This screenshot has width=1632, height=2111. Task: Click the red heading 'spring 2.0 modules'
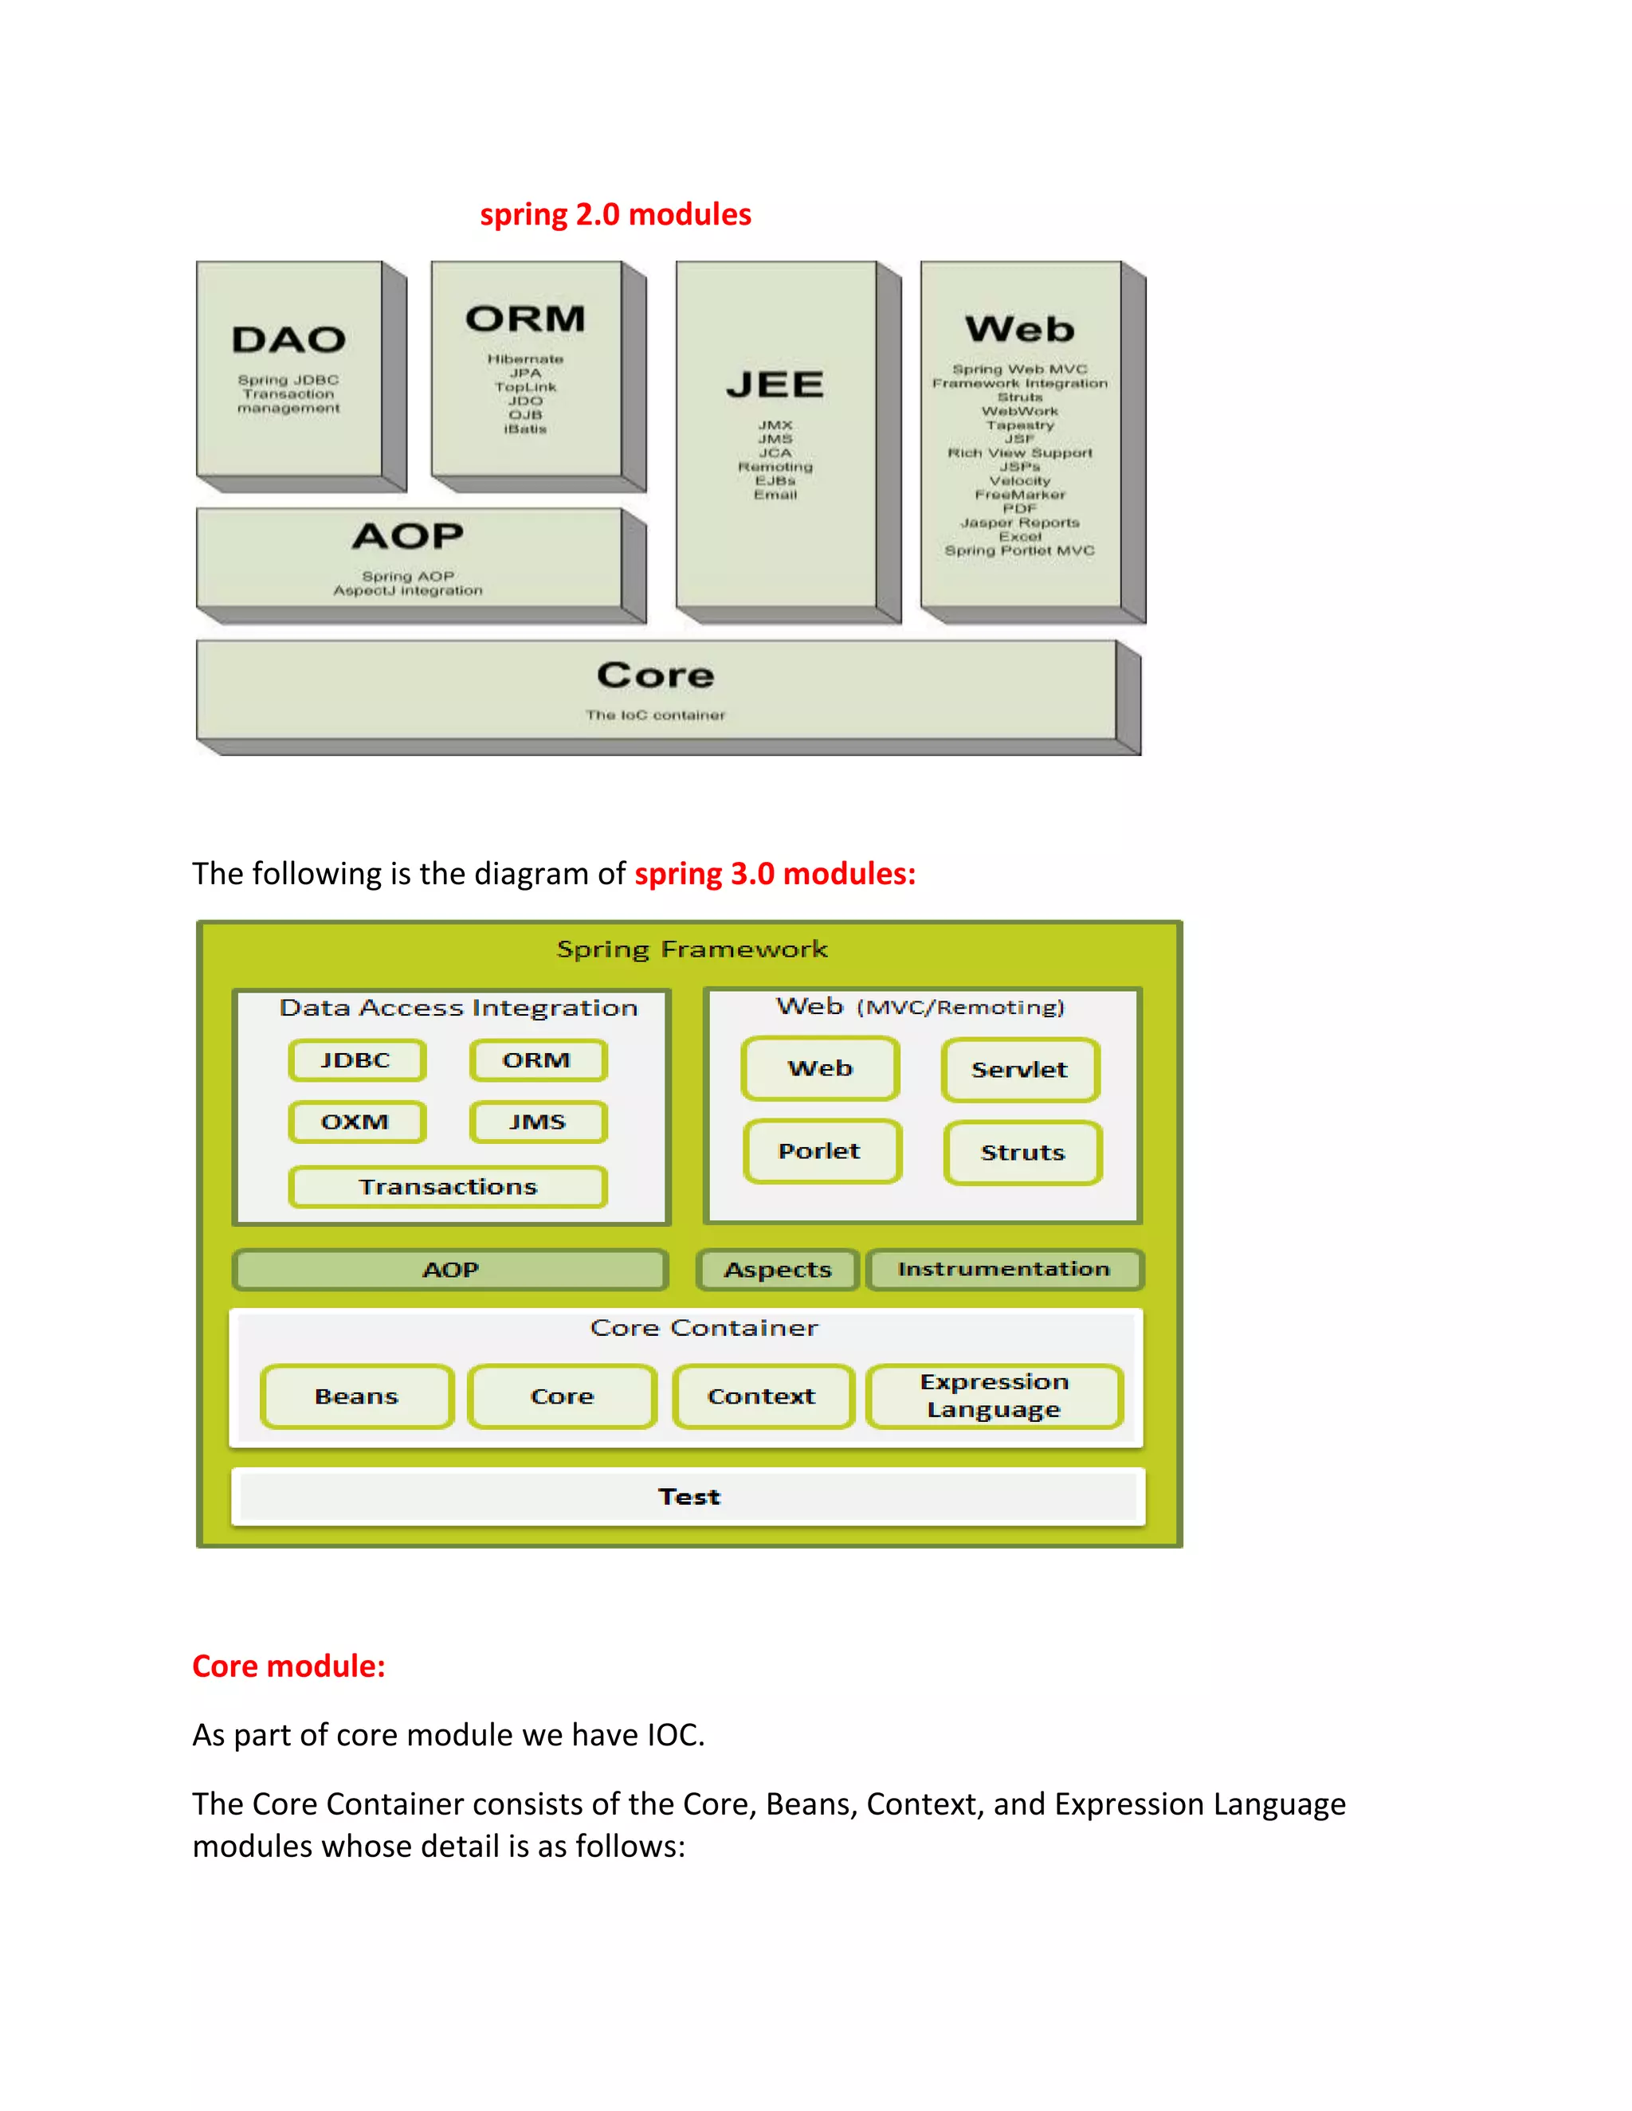point(615,214)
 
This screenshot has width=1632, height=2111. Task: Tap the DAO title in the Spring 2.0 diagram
point(288,340)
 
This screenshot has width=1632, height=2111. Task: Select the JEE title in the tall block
point(775,386)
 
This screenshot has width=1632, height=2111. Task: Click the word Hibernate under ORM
point(525,359)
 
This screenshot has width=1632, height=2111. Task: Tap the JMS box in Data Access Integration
point(539,1122)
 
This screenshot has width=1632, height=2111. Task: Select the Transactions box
point(448,1187)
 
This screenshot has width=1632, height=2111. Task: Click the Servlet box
point(1020,1070)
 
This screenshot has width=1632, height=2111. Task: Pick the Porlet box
point(821,1151)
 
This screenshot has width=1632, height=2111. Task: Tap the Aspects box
point(777,1270)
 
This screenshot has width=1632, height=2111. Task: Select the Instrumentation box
point(1003,1269)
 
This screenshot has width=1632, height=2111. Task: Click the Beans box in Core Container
point(357,1396)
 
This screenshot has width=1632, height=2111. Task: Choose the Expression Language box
point(994,1396)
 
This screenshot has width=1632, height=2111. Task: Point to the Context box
point(762,1396)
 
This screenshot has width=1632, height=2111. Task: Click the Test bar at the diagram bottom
point(688,1498)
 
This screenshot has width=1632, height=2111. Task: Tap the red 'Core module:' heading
point(288,1666)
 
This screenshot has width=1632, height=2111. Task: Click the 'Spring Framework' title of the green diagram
point(692,950)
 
